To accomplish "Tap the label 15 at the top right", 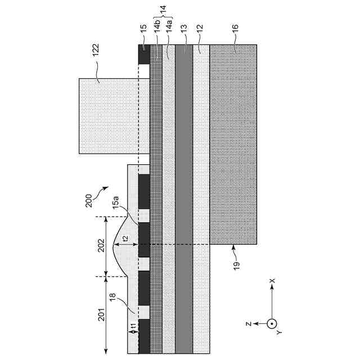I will tap(143, 26).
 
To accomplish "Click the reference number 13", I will tap(184, 27).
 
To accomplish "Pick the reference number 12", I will tap(201, 27).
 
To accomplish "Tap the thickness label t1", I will tap(134, 326).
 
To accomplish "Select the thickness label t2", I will tap(125, 238).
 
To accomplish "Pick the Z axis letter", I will tap(248, 324).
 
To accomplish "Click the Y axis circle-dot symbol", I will tap(272, 323).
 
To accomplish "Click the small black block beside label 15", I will tap(143, 55).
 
